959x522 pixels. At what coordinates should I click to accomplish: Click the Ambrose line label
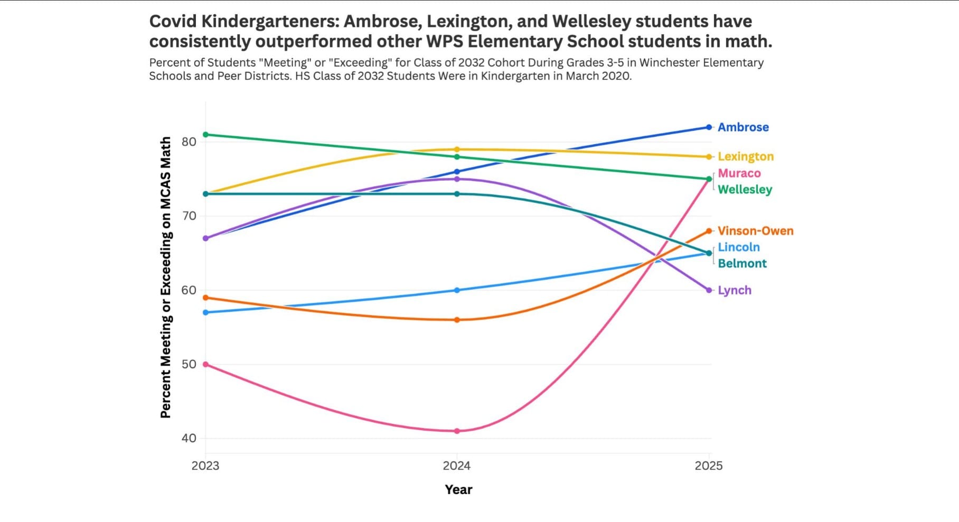click(743, 127)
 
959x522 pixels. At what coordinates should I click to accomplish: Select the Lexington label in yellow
click(745, 156)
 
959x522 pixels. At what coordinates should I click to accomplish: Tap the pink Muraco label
click(739, 173)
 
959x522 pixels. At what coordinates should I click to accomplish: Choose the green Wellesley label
click(745, 189)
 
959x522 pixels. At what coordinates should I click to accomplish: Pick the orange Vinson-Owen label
click(755, 231)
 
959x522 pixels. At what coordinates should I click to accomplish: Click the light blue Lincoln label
click(738, 247)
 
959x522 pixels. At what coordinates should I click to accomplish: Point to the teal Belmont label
click(742, 263)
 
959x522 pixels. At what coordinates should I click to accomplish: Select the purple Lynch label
click(734, 290)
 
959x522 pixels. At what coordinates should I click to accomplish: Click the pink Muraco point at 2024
click(457, 431)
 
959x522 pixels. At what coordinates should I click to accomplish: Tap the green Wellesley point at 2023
click(205, 135)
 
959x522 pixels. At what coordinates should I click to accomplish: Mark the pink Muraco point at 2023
click(205, 365)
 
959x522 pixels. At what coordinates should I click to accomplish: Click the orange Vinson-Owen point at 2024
click(457, 320)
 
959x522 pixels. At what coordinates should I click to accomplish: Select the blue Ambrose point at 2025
click(709, 127)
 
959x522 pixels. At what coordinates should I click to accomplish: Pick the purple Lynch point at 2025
click(709, 290)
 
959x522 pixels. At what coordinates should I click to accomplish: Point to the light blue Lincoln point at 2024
click(457, 290)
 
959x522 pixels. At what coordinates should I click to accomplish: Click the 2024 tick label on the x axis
click(457, 465)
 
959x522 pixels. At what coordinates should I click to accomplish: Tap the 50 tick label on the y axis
click(189, 364)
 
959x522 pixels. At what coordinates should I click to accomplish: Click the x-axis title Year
click(458, 489)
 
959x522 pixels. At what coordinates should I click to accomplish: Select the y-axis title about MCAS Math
click(166, 277)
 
